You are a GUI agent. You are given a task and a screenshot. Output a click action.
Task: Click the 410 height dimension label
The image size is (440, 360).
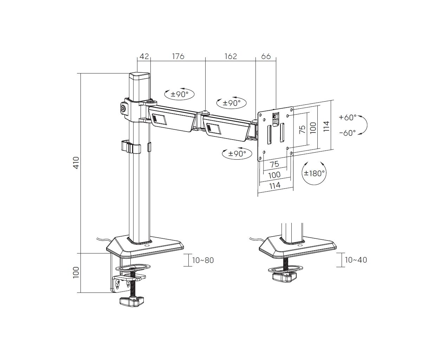tap(77, 162)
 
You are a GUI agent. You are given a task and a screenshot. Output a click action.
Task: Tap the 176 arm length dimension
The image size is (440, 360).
tap(178, 56)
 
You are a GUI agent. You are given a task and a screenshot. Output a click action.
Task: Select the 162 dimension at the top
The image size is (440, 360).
tap(231, 56)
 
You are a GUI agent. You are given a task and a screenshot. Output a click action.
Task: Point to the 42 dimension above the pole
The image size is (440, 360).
tap(144, 56)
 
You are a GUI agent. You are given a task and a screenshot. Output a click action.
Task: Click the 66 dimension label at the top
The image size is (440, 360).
tap(266, 56)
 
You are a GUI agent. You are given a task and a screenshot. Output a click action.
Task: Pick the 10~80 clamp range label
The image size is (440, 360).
tap(203, 260)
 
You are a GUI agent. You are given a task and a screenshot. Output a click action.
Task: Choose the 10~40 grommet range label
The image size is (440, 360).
tap(356, 260)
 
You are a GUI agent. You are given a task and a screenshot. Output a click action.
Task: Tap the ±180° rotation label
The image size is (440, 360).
tap(314, 173)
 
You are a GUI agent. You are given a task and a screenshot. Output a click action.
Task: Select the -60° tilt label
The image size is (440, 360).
tap(347, 133)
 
